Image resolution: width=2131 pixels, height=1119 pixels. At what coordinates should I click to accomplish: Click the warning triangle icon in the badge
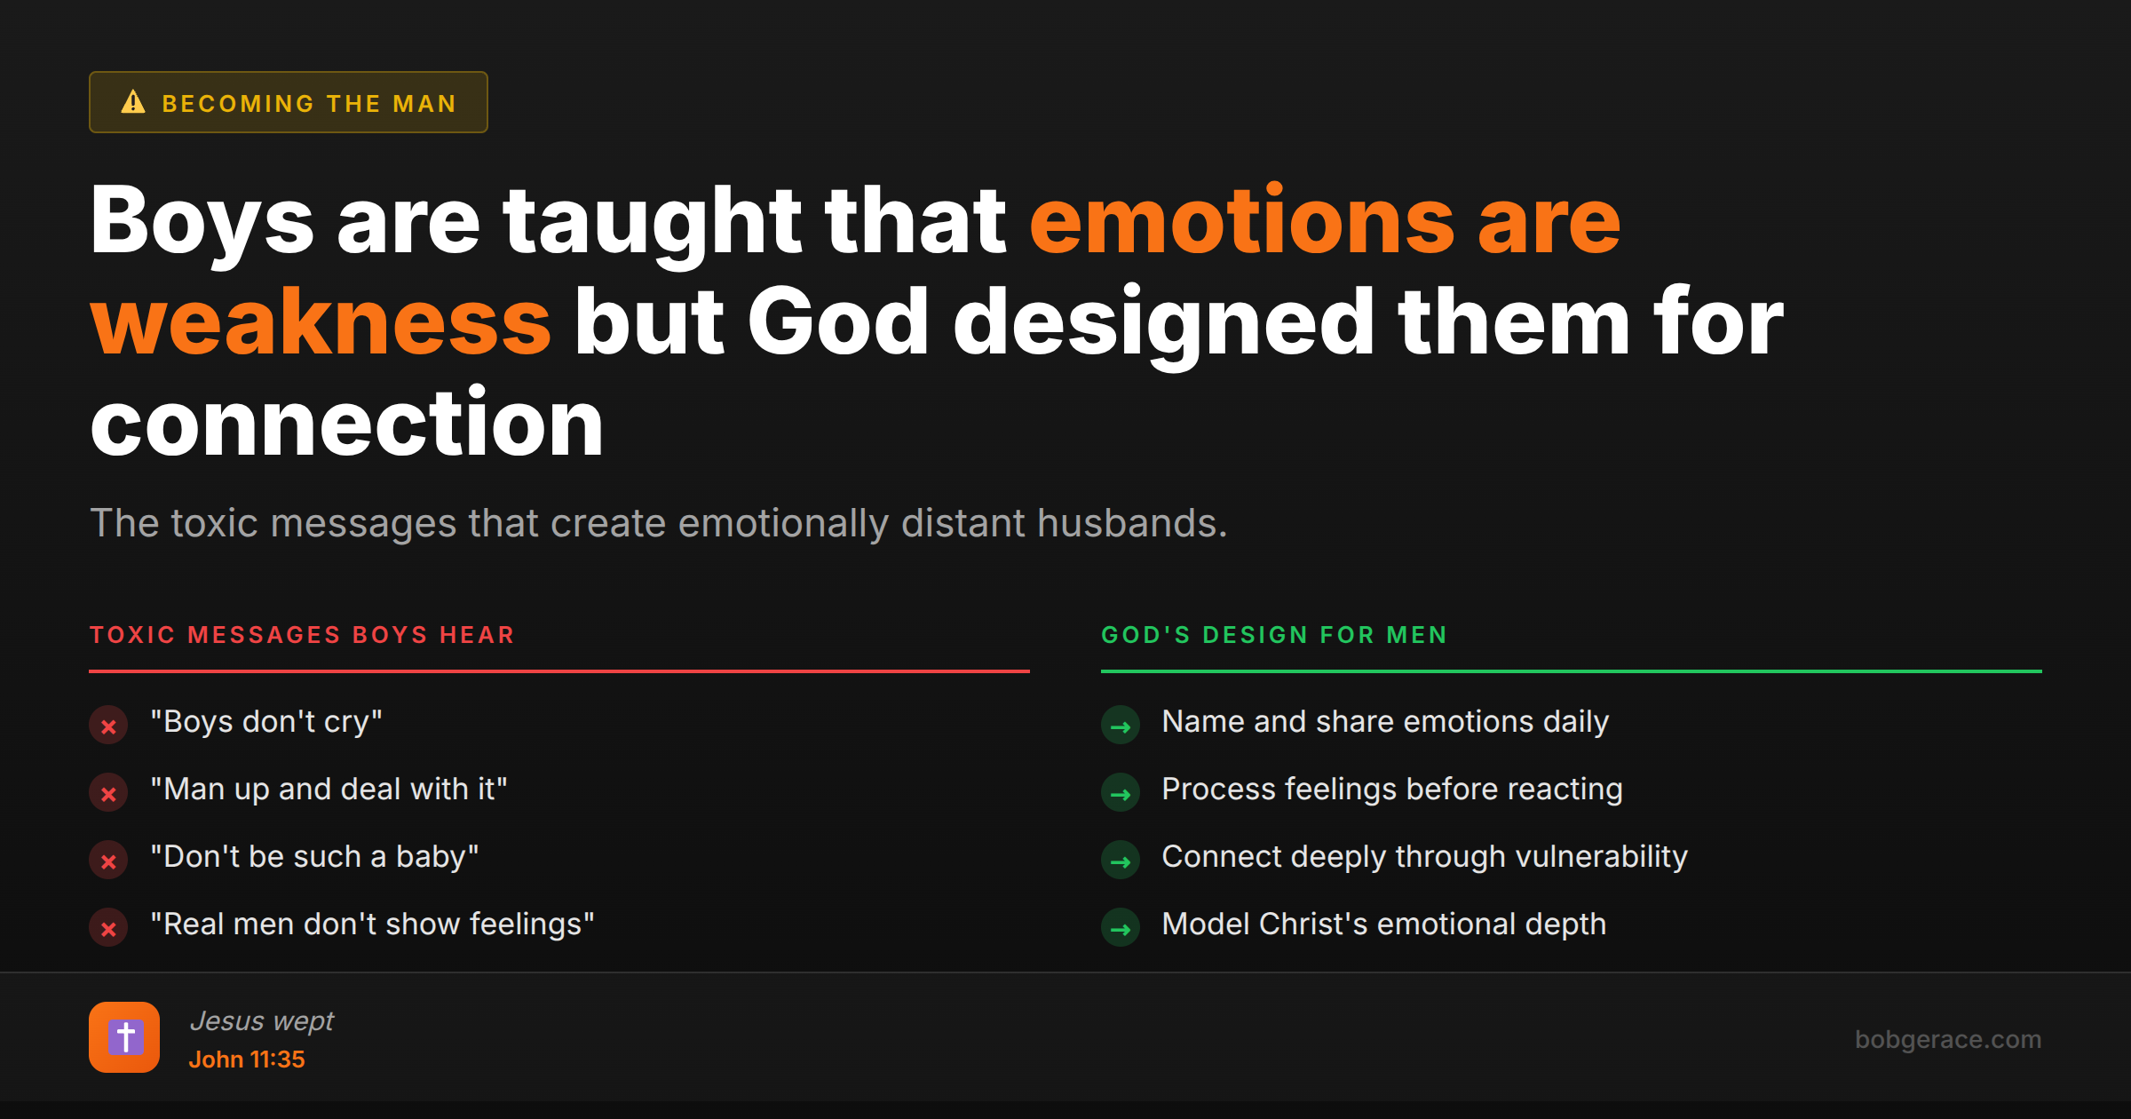(x=133, y=102)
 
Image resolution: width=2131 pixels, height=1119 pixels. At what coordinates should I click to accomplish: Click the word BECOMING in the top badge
(x=238, y=104)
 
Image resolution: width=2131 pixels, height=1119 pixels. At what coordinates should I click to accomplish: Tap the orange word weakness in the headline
(x=321, y=322)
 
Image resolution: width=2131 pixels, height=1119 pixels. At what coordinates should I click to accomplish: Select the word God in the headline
(x=838, y=322)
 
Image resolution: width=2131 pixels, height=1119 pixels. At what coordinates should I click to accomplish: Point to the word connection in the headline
(x=346, y=424)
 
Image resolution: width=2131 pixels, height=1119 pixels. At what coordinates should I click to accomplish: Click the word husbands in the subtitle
(x=1131, y=523)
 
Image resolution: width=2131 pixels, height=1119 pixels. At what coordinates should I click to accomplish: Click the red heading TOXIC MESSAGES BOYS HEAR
(x=302, y=635)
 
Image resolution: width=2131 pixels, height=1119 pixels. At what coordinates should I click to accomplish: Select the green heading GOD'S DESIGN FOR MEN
(x=1274, y=635)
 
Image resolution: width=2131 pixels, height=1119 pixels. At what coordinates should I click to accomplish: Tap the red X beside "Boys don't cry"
(x=108, y=726)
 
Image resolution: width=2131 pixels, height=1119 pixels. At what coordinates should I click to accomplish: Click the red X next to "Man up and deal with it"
(x=108, y=793)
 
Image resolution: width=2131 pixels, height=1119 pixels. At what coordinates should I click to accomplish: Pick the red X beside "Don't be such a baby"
(x=108, y=861)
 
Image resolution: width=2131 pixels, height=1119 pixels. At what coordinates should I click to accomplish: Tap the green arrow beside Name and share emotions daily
(x=1121, y=726)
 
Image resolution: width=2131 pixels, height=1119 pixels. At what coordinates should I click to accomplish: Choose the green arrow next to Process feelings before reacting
(x=1121, y=793)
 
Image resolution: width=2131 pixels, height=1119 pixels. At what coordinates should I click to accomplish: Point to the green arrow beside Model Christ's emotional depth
(x=1121, y=928)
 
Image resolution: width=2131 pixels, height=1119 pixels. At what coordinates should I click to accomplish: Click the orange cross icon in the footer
(x=124, y=1037)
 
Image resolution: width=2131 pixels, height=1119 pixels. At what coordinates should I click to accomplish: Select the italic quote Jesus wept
(x=262, y=1021)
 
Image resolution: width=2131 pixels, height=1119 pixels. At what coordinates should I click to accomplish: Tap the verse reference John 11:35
(x=247, y=1059)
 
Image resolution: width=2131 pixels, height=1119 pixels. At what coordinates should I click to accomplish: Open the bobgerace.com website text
(x=1948, y=1039)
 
